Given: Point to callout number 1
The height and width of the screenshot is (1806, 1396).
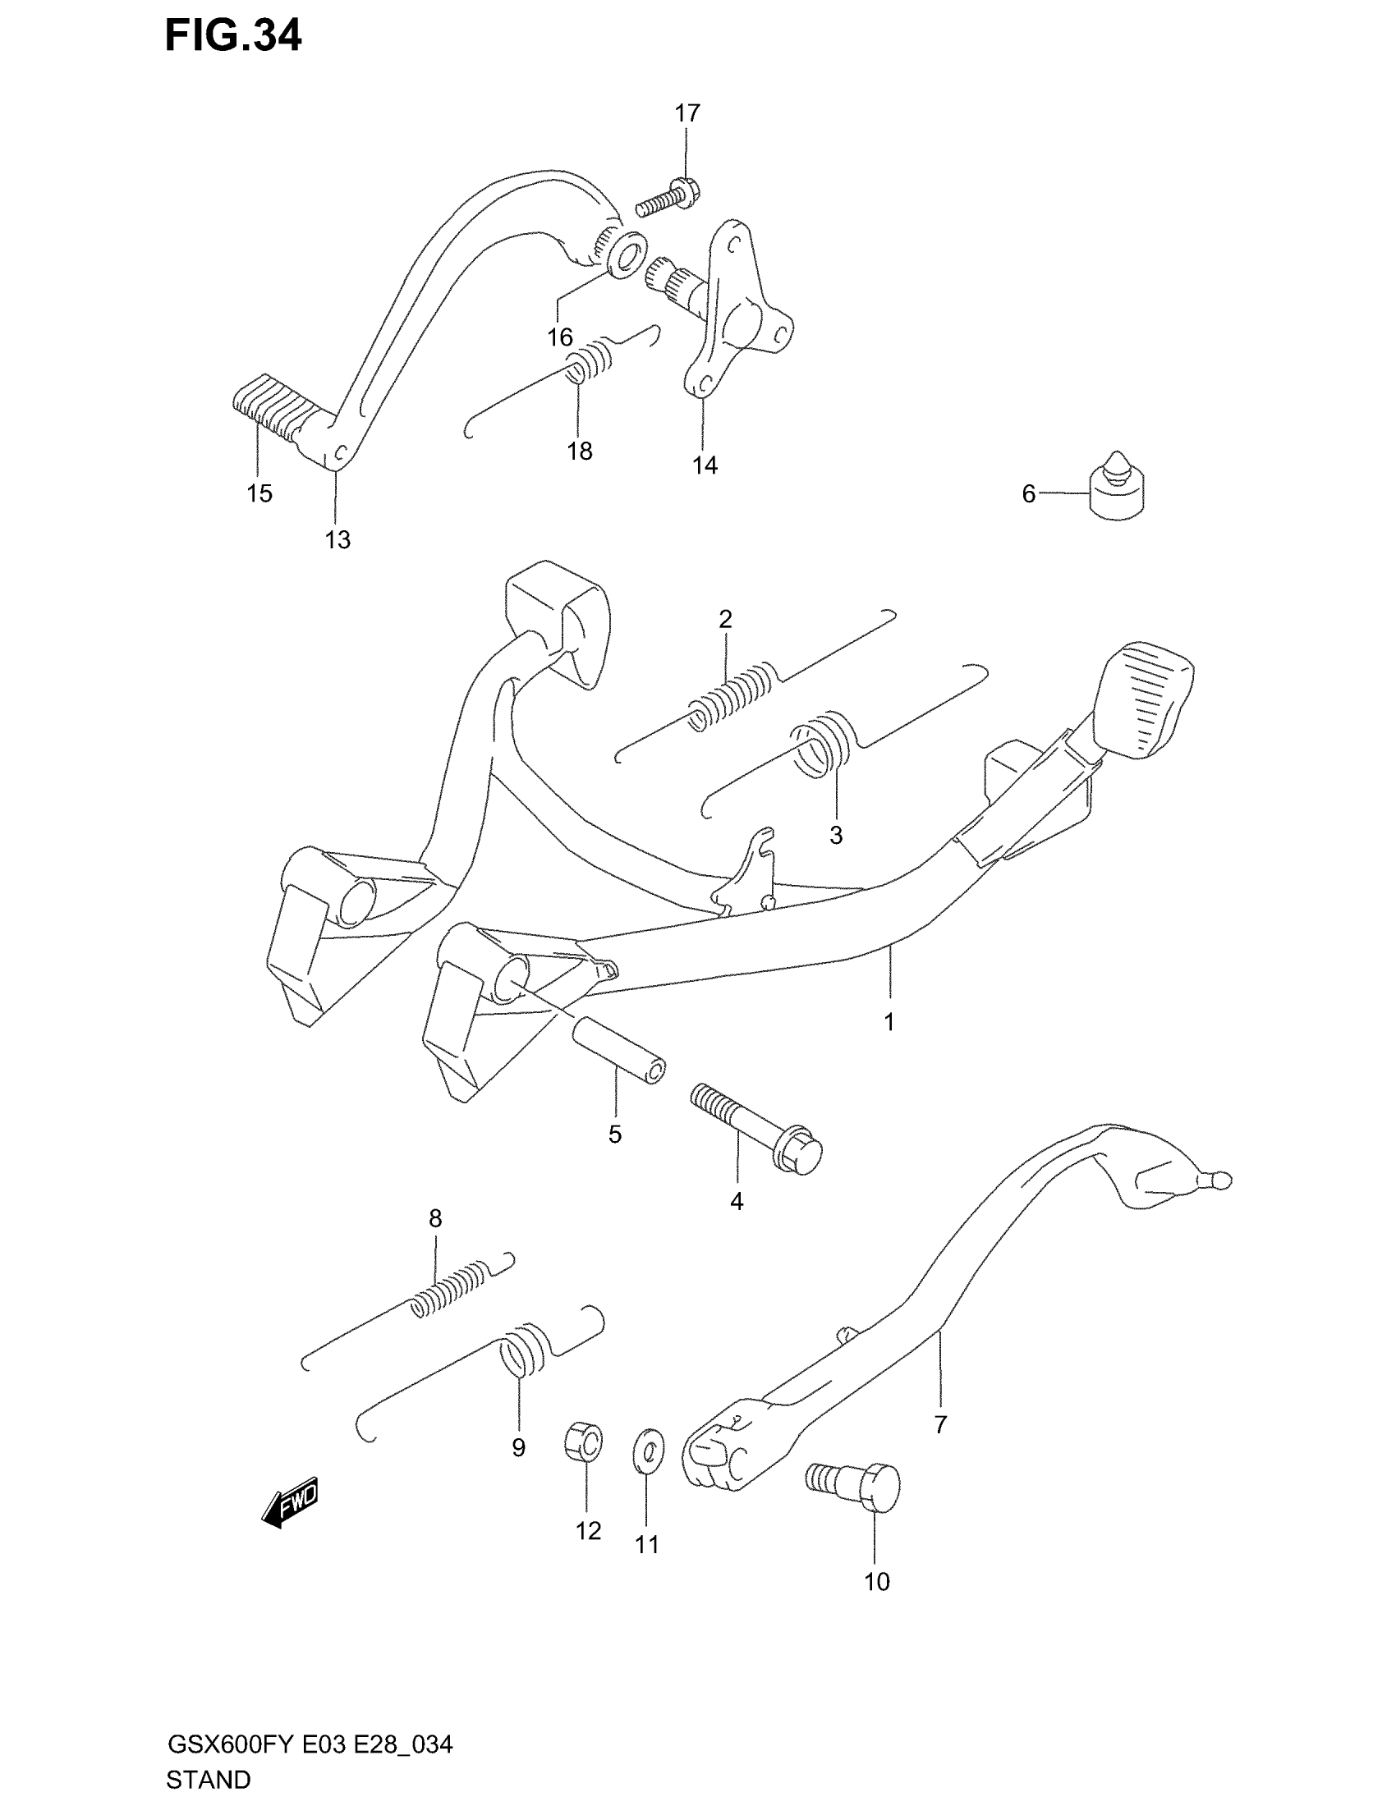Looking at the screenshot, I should click(x=889, y=1022).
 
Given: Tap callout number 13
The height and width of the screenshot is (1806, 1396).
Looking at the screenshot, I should click(x=338, y=540).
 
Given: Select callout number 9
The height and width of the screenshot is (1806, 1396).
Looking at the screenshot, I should click(x=518, y=1447).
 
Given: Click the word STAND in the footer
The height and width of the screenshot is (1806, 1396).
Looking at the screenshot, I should click(x=209, y=1779).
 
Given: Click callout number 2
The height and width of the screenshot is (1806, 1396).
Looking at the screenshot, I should click(x=725, y=618).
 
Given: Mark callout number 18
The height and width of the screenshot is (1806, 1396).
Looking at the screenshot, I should click(x=580, y=451).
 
